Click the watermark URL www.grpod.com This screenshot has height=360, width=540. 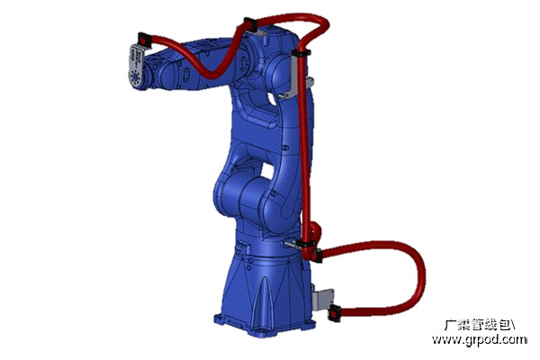tap(480, 339)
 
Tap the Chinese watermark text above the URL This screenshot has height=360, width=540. tap(480, 325)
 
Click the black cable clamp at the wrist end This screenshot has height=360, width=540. tap(145, 40)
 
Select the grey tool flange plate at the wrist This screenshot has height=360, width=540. tap(137, 67)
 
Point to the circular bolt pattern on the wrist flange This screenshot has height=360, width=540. tap(135, 78)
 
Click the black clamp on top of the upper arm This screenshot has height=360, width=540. tap(250, 25)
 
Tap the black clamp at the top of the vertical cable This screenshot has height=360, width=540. tap(301, 53)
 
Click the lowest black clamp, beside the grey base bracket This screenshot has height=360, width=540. tap(335, 313)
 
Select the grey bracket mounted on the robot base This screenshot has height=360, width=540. tap(322, 298)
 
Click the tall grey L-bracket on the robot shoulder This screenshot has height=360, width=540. tap(295, 76)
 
